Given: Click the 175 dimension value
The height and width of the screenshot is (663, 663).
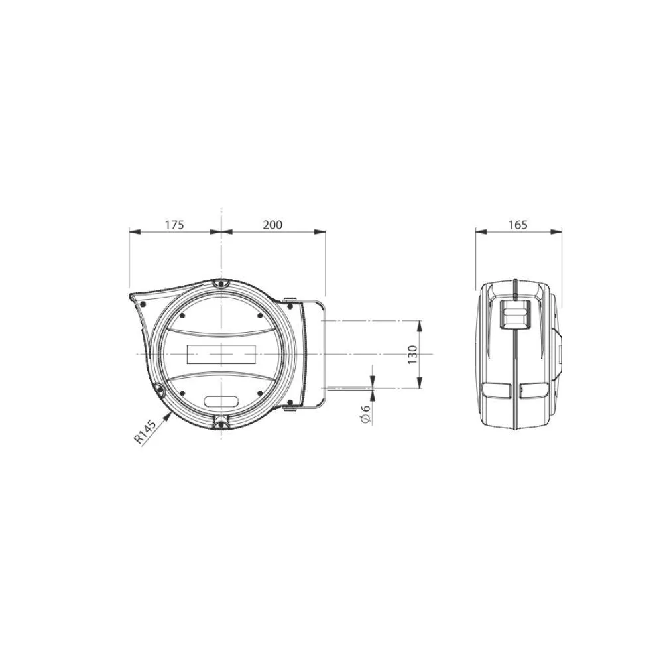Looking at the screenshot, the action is click(174, 225).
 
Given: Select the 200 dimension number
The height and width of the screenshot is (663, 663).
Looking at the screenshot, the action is click(272, 225).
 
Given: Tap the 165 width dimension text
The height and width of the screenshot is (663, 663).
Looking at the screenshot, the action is click(518, 225).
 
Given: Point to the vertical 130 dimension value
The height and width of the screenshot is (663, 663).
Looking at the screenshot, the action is click(412, 354).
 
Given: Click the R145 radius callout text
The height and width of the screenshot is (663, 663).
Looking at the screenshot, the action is click(145, 432).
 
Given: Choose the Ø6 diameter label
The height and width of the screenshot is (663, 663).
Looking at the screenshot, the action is click(365, 414).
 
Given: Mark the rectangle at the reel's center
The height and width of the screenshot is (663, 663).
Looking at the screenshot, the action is click(221, 354).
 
